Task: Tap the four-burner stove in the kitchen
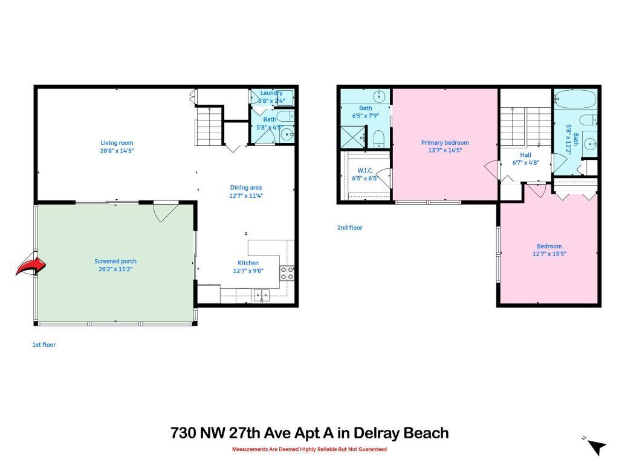(x=287, y=273)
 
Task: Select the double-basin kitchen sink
(x=262, y=295)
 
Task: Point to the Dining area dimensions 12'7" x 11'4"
(x=246, y=196)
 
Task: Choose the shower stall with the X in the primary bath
(x=352, y=137)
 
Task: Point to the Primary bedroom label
(x=445, y=143)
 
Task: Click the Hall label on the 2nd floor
(x=525, y=154)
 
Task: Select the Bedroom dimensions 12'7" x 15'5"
(x=549, y=254)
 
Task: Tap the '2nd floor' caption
(x=349, y=228)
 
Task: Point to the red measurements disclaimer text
(x=309, y=449)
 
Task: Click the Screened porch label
(x=115, y=262)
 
